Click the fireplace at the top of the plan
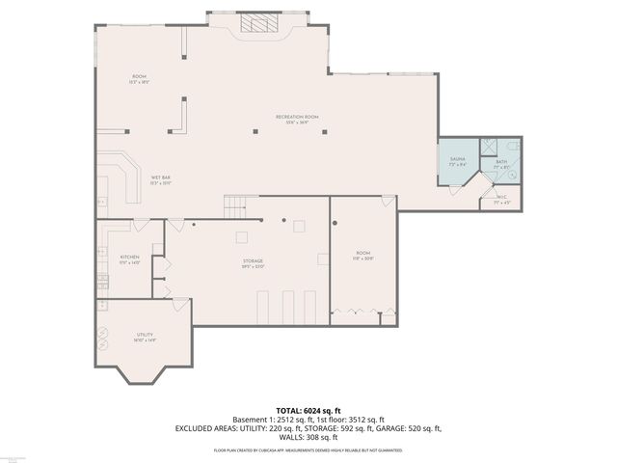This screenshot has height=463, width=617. pos(257,24)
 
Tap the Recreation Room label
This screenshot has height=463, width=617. pos(297,119)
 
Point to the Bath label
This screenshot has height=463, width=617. pos(501,164)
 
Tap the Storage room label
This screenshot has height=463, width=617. pos(253,263)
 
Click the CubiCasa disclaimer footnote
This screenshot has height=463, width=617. pos(308,450)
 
